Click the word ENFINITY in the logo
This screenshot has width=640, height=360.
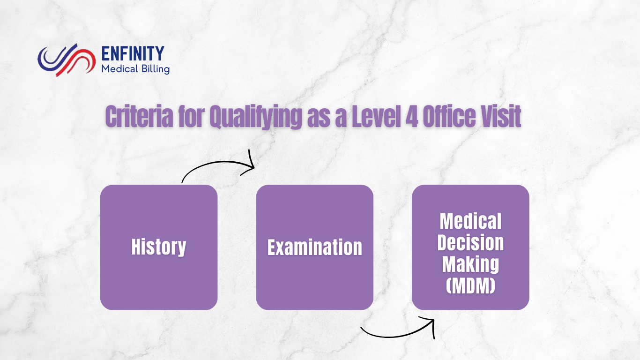(133, 53)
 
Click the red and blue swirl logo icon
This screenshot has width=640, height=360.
(67, 60)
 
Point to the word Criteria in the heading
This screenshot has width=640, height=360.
(140, 116)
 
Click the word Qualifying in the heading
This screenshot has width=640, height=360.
(256, 117)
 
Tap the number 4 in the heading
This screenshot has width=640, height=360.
(412, 116)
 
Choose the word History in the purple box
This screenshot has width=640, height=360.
(159, 247)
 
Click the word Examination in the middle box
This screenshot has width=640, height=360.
(315, 247)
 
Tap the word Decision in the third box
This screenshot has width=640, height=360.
(470, 243)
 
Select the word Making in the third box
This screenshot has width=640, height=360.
(470, 265)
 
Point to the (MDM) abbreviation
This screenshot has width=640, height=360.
(470, 285)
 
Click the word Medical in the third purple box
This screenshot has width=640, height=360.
(470, 221)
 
